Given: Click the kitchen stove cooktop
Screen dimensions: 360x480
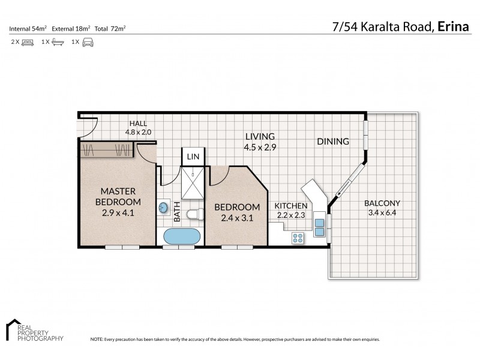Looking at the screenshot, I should click(x=298, y=238).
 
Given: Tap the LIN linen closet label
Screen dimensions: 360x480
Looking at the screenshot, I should click(x=193, y=156).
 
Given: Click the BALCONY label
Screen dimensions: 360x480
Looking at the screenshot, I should click(x=382, y=203).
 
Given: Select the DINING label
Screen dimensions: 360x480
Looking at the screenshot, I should click(x=333, y=142).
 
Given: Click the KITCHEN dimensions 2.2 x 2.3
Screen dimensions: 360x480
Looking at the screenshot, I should click(x=292, y=215).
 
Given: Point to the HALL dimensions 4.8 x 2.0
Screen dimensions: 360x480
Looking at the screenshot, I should click(x=139, y=132).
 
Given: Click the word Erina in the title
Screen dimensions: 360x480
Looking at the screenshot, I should click(x=454, y=27).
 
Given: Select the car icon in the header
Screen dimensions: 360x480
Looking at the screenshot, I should click(x=88, y=42).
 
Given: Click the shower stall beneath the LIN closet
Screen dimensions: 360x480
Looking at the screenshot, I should click(x=193, y=182).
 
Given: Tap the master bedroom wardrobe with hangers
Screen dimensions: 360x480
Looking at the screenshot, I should click(x=107, y=150).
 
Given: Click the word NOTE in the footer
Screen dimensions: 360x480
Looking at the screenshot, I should click(x=97, y=339).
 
